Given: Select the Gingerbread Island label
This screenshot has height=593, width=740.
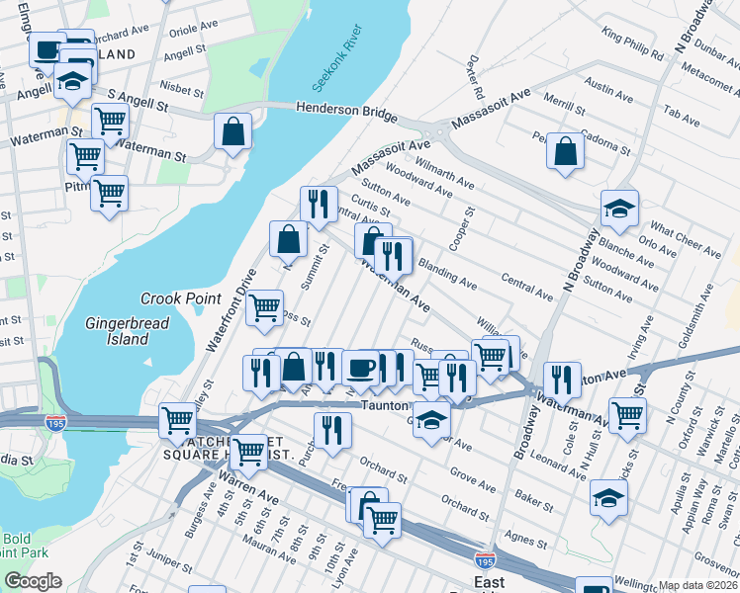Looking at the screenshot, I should (128, 331).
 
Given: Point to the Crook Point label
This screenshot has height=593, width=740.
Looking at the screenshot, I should (179, 297).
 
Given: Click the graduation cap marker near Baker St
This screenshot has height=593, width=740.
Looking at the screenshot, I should (608, 498).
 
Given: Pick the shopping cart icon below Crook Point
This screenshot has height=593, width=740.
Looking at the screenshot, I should (264, 307).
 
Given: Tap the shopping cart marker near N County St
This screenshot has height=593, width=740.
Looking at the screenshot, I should (628, 415).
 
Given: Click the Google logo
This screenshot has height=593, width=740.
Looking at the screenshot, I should (33, 581).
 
